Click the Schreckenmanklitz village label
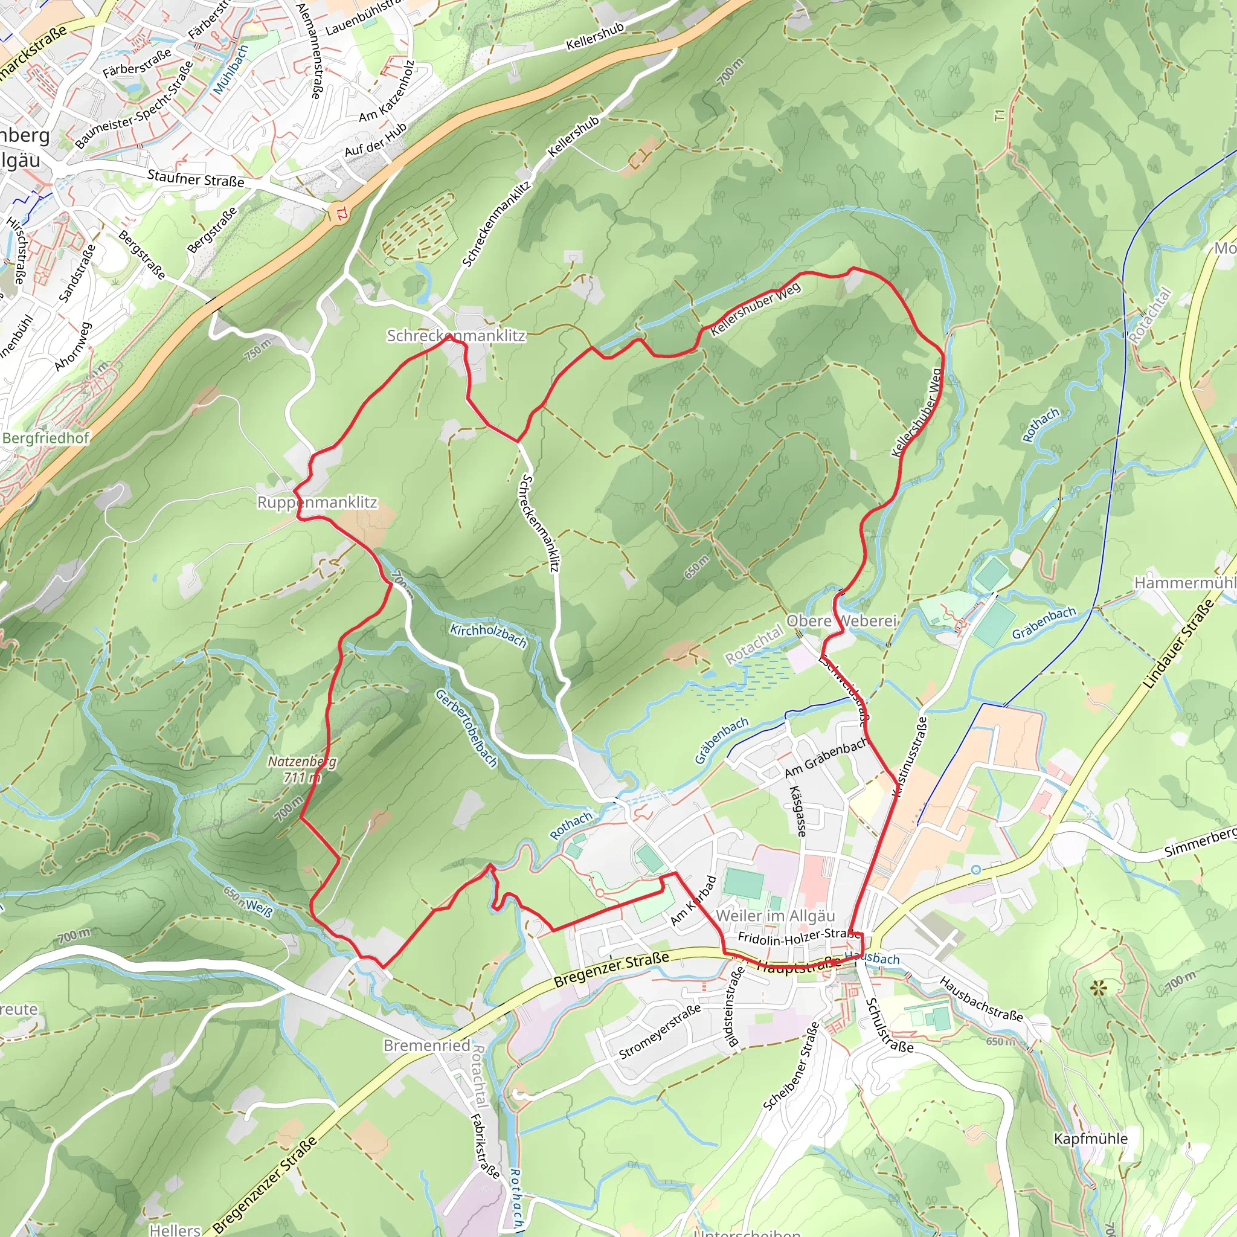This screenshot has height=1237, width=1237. point(455,335)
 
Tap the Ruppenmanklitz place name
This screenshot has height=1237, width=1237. point(317,502)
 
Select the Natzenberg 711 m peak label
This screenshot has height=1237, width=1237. point(301,769)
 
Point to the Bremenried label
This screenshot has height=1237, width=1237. point(426,1045)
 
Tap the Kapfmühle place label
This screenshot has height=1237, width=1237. point(1090,1139)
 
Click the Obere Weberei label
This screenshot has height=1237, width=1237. point(841,620)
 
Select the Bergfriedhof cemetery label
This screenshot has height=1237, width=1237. point(45,438)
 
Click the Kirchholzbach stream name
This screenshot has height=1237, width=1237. point(488,635)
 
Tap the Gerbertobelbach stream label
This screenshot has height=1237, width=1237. point(466,728)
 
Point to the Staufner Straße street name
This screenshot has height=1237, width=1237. point(195,178)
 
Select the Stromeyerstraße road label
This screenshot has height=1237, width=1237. point(660,1032)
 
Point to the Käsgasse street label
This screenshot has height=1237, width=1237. point(797,811)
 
